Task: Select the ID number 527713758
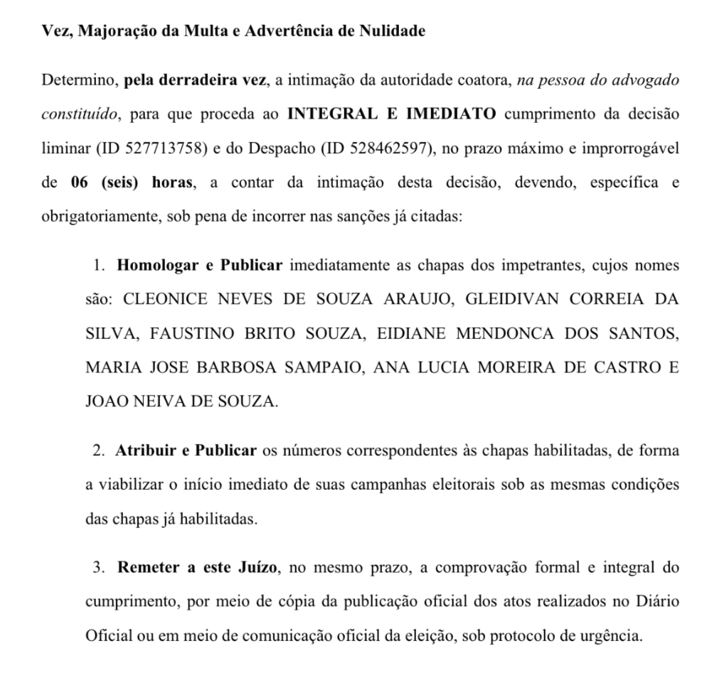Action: point(164,149)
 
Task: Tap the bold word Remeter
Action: point(144,569)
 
